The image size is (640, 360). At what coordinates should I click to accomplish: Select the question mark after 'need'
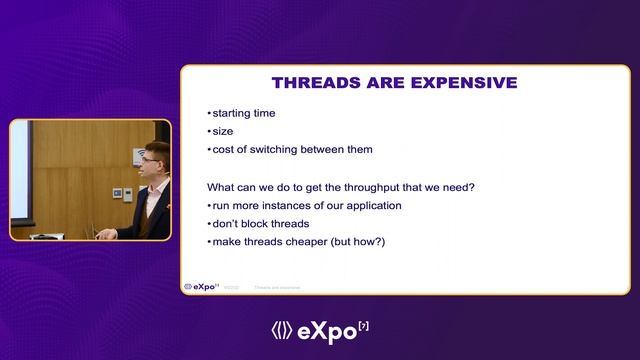click(x=472, y=187)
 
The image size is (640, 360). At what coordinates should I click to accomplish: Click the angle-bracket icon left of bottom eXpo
click(x=281, y=330)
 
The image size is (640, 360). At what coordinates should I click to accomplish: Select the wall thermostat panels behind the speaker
click(x=117, y=192)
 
